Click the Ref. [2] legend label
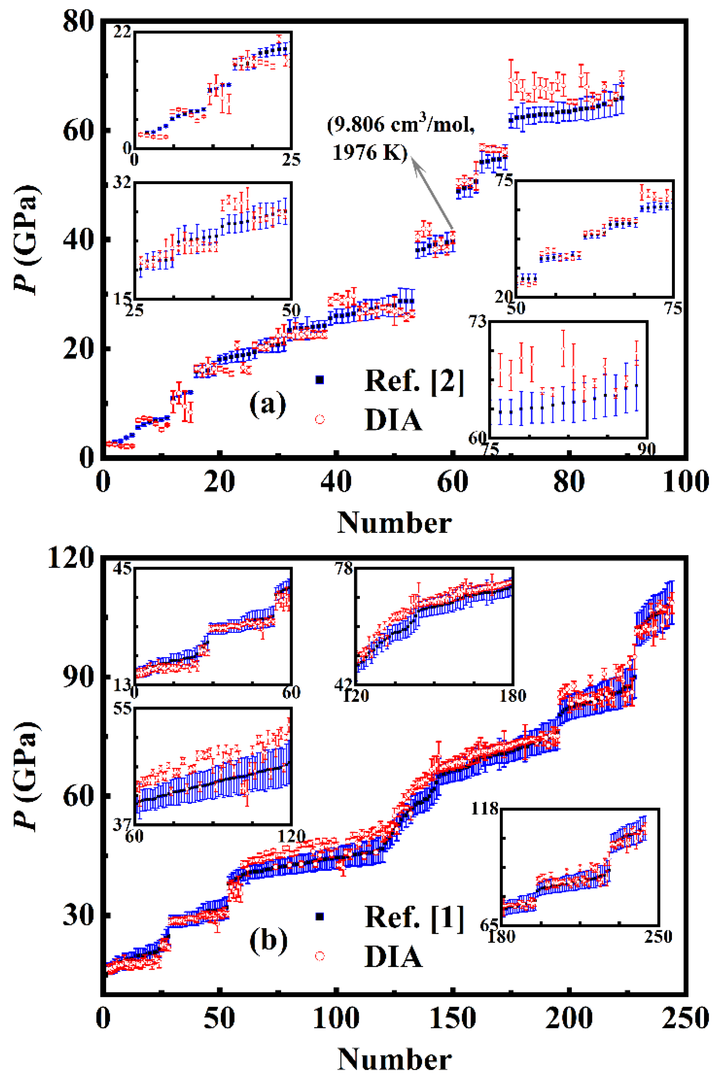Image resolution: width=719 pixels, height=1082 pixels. pyautogui.click(x=414, y=380)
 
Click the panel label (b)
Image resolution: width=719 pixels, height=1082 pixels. pyautogui.click(x=268, y=940)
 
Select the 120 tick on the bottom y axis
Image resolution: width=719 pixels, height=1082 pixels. pyautogui.click(x=71, y=558)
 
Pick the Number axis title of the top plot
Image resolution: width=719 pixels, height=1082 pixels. pyautogui.click(x=394, y=522)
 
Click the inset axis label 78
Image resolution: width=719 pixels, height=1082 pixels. pyautogui.click(x=344, y=569)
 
